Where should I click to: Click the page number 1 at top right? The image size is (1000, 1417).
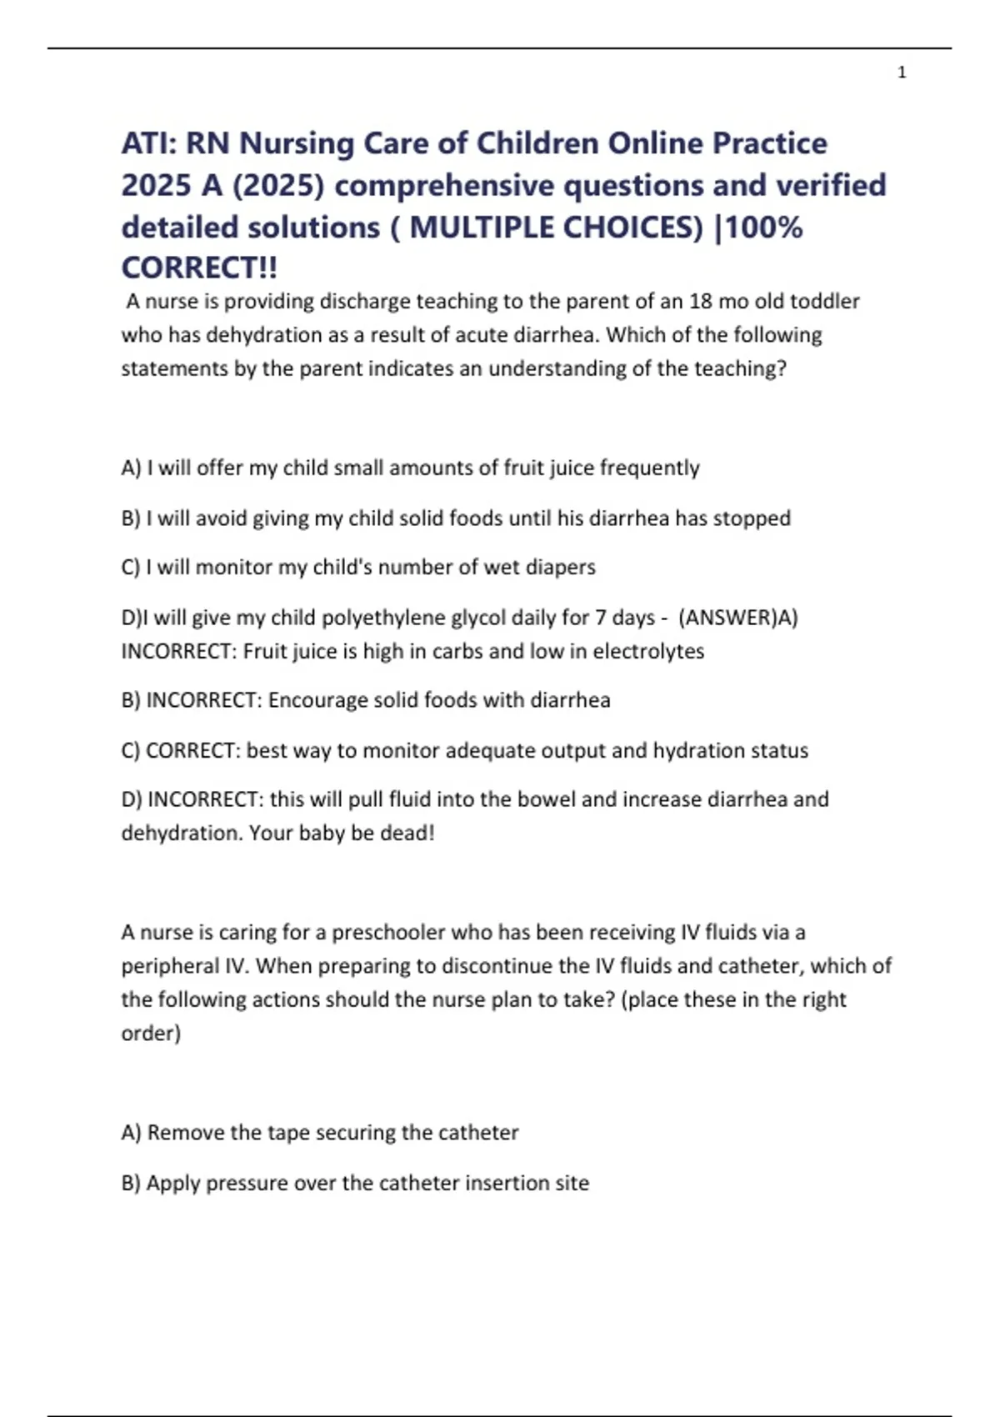coord(902,73)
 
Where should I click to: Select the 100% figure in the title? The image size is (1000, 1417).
coord(764,227)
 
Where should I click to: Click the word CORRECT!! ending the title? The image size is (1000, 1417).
coord(199,268)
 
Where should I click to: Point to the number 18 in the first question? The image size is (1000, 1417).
coord(700,301)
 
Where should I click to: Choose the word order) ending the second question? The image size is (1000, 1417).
coord(151,1033)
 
